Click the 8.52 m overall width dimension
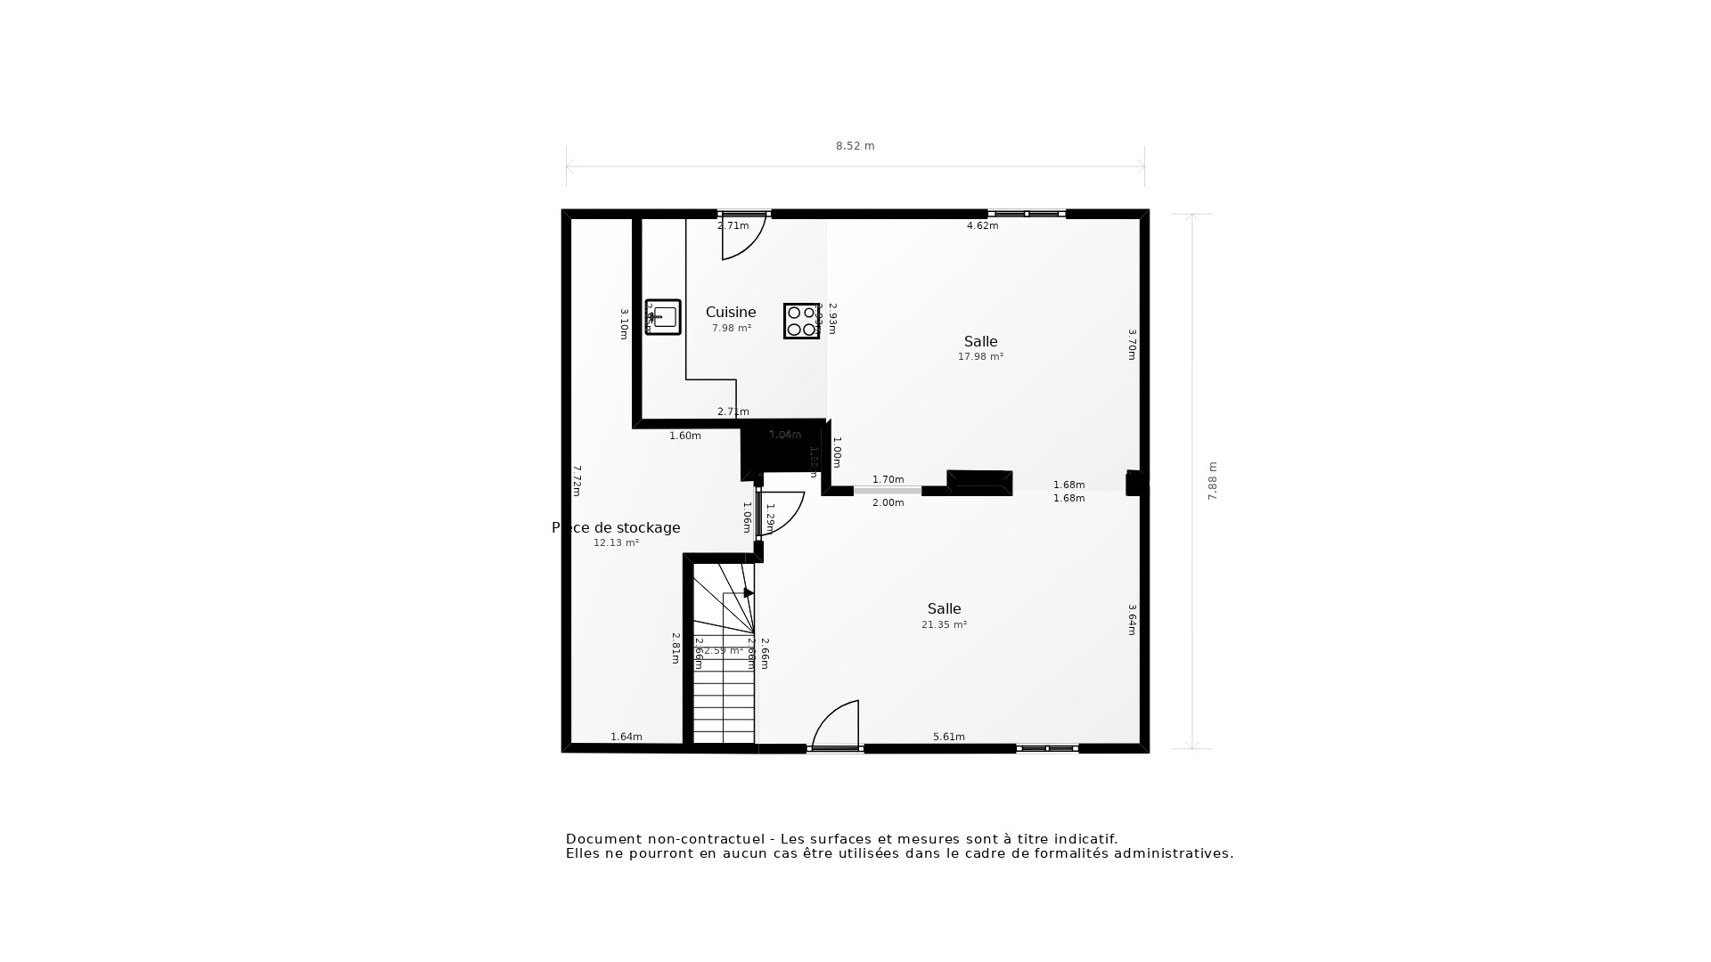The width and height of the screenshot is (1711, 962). pyautogui.click(x=855, y=146)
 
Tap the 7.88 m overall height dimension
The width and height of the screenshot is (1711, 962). pyautogui.click(x=1212, y=481)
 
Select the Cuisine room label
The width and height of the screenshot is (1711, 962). pyautogui.click(x=731, y=313)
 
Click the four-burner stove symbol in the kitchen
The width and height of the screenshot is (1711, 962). pyautogui.click(x=801, y=321)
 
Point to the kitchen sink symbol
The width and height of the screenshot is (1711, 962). pyautogui.click(x=663, y=317)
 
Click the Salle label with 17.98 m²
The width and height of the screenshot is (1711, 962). pyautogui.click(x=980, y=342)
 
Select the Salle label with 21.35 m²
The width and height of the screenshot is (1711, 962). pyautogui.click(x=944, y=609)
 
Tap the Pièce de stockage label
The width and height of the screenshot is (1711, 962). pyautogui.click(x=616, y=528)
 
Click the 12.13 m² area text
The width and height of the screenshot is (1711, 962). pyautogui.click(x=616, y=543)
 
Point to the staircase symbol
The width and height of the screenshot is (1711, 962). pyautogui.click(x=724, y=659)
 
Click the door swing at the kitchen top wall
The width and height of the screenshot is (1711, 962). pyautogui.click(x=742, y=239)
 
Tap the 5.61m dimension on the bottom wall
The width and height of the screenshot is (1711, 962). pyautogui.click(x=948, y=737)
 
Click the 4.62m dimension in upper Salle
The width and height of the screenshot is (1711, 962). pyautogui.click(x=982, y=226)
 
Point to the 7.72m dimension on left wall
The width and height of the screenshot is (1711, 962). pyautogui.click(x=577, y=481)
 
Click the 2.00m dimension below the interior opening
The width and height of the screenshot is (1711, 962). pyautogui.click(x=888, y=503)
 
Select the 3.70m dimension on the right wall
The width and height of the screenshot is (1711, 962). pyautogui.click(x=1132, y=345)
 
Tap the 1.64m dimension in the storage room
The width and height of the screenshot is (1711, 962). pyautogui.click(x=626, y=737)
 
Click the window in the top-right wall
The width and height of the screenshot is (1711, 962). pyautogui.click(x=1027, y=214)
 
